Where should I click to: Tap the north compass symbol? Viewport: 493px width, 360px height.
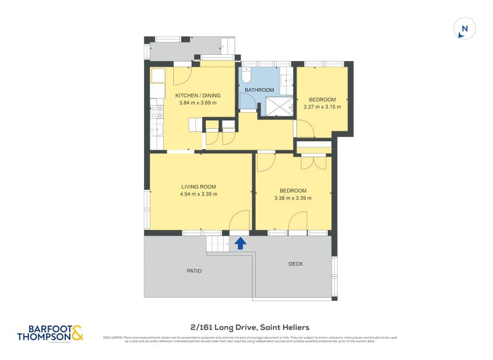465,29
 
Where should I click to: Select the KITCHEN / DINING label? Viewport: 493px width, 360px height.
198,96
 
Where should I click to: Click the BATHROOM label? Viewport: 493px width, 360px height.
259,90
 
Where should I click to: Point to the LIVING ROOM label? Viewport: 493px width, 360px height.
198,186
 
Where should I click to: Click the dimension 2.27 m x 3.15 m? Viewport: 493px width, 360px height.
322,107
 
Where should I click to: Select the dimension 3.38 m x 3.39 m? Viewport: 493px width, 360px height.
293,198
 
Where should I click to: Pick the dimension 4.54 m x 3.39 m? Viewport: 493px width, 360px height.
198,194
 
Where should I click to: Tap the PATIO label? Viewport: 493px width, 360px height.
194,271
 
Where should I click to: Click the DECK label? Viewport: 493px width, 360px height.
296,264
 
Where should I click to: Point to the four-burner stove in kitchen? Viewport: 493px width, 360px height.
157,112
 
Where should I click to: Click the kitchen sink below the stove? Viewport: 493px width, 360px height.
157,129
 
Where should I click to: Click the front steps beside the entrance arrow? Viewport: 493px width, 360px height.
217,243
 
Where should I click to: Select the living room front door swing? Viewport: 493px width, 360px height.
240,221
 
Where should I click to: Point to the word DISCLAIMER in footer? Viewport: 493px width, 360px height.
113,337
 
